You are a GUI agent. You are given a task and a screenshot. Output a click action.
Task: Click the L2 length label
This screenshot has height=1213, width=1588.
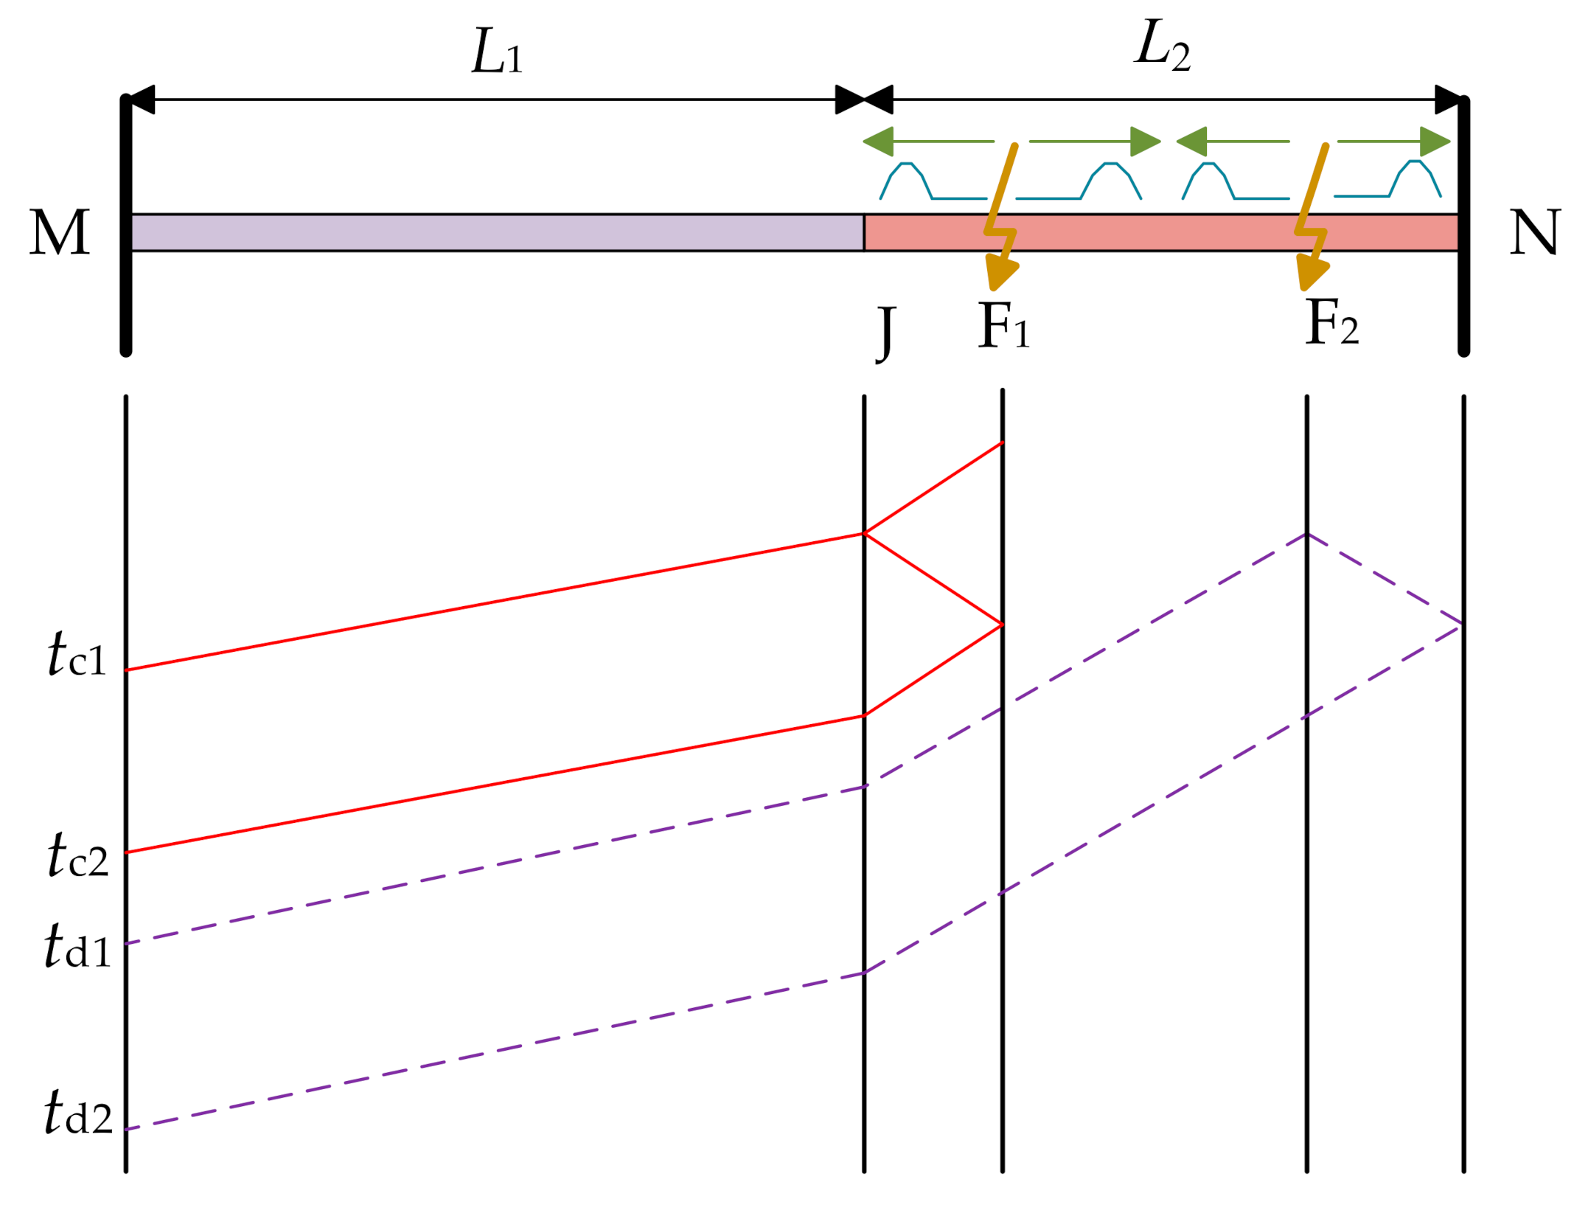click(1161, 46)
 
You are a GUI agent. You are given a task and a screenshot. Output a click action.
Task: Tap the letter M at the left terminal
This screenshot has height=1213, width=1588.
click(60, 233)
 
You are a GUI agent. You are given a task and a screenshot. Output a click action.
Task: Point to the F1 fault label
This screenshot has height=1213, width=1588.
click(1003, 326)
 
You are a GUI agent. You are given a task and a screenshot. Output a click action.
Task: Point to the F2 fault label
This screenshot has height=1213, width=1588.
click(1331, 323)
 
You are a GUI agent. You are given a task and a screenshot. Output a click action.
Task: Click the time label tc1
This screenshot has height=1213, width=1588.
click(77, 655)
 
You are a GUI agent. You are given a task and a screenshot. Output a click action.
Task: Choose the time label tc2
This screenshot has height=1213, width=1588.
click(77, 855)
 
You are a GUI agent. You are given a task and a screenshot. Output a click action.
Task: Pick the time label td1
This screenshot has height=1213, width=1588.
click(77, 946)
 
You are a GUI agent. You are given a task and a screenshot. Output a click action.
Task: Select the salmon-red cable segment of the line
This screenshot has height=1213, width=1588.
click(1161, 233)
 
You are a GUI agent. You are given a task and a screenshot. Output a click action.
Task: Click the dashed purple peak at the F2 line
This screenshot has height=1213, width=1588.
click(1306, 535)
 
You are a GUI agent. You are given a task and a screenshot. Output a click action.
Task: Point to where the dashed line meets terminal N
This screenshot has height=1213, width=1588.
click(1463, 625)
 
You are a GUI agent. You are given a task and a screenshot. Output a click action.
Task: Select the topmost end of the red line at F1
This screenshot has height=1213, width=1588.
click(1002, 443)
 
